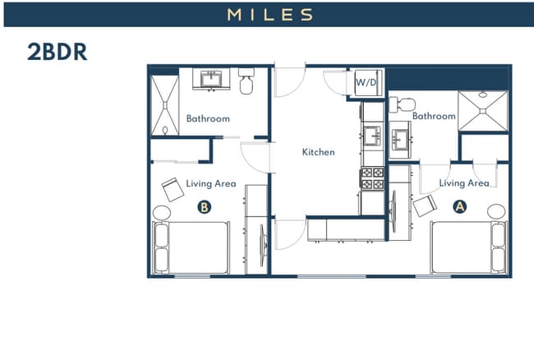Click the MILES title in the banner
click(269, 15)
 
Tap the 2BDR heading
click(58, 52)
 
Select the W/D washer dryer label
click(366, 82)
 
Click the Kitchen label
click(319, 152)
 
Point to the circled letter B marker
click(205, 207)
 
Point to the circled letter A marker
click(460, 206)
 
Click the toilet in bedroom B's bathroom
click(246, 81)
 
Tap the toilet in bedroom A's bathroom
click(402, 104)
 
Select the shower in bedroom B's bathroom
click(165, 105)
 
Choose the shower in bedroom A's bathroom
click(483, 111)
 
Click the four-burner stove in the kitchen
click(372, 178)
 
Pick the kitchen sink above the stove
click(373, 136)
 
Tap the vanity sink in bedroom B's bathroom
click(211, 79)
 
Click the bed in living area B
click(191, 248)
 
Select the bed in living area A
click(468, 247)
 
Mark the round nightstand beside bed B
click(162, 213)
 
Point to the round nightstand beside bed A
click(496, 211)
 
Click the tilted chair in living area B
click(173, 189)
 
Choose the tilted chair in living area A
click(425, 205)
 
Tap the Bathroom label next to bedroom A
click(434, 116)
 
